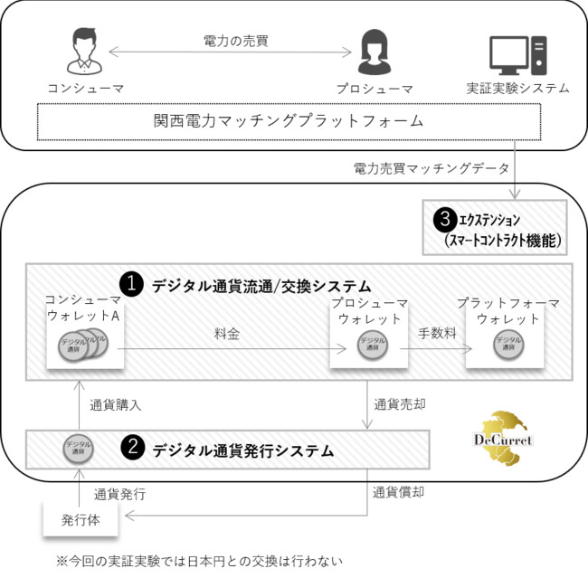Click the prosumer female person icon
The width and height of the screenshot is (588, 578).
pos(374,53)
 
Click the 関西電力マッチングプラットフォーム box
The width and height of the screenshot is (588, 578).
pos(289,120)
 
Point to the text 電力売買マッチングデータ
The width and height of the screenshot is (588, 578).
pos(432,167)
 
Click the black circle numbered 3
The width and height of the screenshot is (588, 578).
pos(443,219)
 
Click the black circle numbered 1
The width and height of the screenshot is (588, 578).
pos(132,284)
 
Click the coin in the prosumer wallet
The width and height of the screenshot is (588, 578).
pos(369,345)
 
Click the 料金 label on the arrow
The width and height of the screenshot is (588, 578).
pos(227,334)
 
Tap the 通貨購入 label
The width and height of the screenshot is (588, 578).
pos(115,405)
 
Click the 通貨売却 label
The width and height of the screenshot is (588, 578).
pos(399,403)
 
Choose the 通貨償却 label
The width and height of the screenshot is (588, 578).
pos(399,492)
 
